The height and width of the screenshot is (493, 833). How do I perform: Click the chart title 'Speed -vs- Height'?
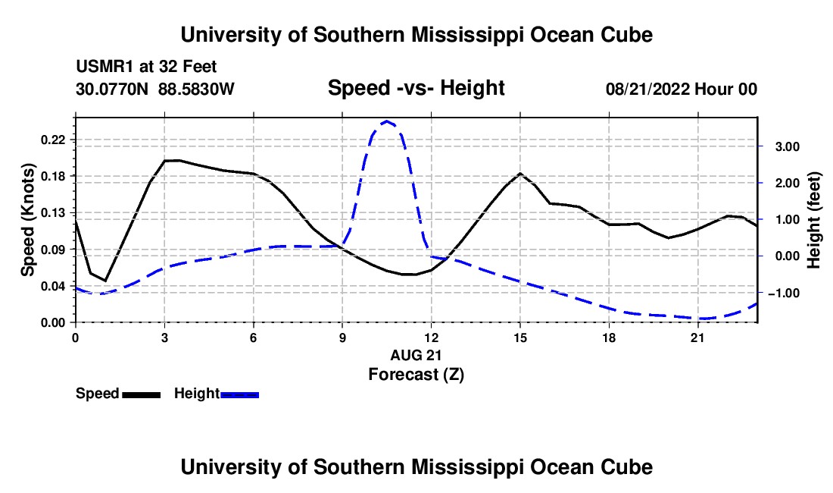pos(416,88)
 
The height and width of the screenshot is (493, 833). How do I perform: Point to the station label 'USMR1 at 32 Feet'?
pos(146,67)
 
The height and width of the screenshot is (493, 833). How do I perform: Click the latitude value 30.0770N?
pos(112,89)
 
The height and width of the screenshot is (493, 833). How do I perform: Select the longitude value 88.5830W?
pos(196,89)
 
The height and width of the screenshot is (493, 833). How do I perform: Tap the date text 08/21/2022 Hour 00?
pos(682,89)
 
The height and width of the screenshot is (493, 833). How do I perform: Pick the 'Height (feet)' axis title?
pos(813,220)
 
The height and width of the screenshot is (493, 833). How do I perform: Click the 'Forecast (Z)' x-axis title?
pos(416,375)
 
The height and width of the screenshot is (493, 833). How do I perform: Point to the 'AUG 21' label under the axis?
pos(416,355)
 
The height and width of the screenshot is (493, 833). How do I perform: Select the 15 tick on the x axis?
pos(520,338)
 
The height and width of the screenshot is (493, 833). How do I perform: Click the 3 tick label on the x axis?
pos(164,338)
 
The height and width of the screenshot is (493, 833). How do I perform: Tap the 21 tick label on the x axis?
pos(697,338)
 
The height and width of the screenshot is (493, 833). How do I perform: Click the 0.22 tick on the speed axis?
pos(52,140)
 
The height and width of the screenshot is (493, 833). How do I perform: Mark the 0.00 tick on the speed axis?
pos(52,323)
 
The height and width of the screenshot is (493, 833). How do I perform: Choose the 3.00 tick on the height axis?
pos(788,147)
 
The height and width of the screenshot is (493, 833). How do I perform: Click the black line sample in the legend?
pos(142,395)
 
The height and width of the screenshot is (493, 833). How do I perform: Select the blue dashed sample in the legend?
pos(239,395)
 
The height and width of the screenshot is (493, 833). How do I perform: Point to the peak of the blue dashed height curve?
pos(387,121)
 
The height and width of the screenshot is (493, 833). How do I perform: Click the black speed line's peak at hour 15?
pos(520,174)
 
